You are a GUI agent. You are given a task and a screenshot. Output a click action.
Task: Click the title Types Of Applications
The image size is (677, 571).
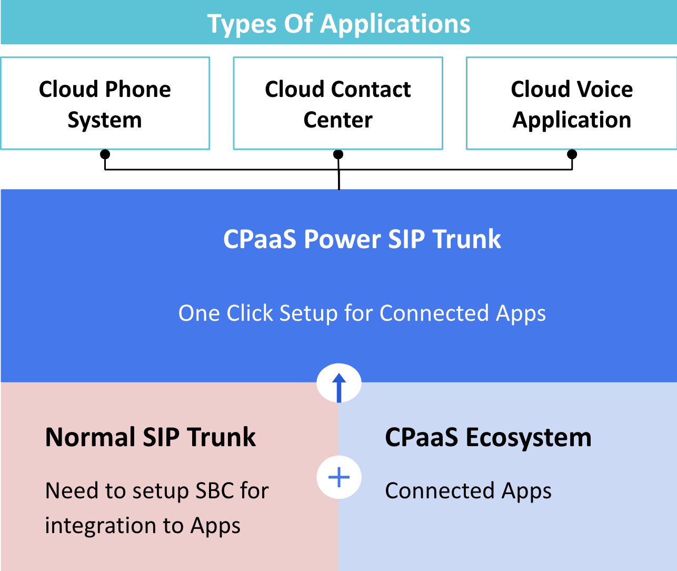(x=338, y=24)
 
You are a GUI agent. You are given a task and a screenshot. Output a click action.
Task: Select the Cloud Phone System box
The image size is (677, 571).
(x=105, y=103)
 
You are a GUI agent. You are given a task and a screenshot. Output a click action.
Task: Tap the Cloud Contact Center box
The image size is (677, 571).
(x=338, y=103)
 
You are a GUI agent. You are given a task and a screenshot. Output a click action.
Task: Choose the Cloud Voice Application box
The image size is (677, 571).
(x=572, y=103)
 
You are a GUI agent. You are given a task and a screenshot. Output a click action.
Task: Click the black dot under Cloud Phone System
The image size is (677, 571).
(x=105, y=154)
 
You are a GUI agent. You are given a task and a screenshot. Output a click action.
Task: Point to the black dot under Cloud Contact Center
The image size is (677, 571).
(x=338, y=154)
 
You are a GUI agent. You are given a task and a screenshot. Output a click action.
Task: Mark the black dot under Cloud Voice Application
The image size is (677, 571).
(x=572, y=154)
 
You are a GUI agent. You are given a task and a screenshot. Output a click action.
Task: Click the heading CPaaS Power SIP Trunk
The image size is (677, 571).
(x=362, y=239)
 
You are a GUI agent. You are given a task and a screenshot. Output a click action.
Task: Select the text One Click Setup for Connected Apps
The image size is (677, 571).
(x=362, y=313)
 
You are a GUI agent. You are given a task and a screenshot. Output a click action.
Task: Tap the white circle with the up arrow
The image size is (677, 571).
(x=339, y=383)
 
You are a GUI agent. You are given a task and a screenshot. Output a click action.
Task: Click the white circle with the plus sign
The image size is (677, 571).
(x=339, y=477)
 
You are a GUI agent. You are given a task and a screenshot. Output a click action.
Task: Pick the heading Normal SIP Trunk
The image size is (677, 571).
(x=151, y=437)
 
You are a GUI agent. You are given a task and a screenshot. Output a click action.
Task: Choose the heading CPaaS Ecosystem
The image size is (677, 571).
(x=489, y=438)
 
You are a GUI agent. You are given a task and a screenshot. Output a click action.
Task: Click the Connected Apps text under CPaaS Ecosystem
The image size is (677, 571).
(x=468, y=491)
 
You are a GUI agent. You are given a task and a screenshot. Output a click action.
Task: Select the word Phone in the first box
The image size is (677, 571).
(x=138, y=89)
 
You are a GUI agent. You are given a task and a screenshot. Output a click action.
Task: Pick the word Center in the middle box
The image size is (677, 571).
(x=338, y=120)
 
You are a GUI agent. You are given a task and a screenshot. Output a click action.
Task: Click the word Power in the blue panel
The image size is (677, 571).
(x=342, y=239)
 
